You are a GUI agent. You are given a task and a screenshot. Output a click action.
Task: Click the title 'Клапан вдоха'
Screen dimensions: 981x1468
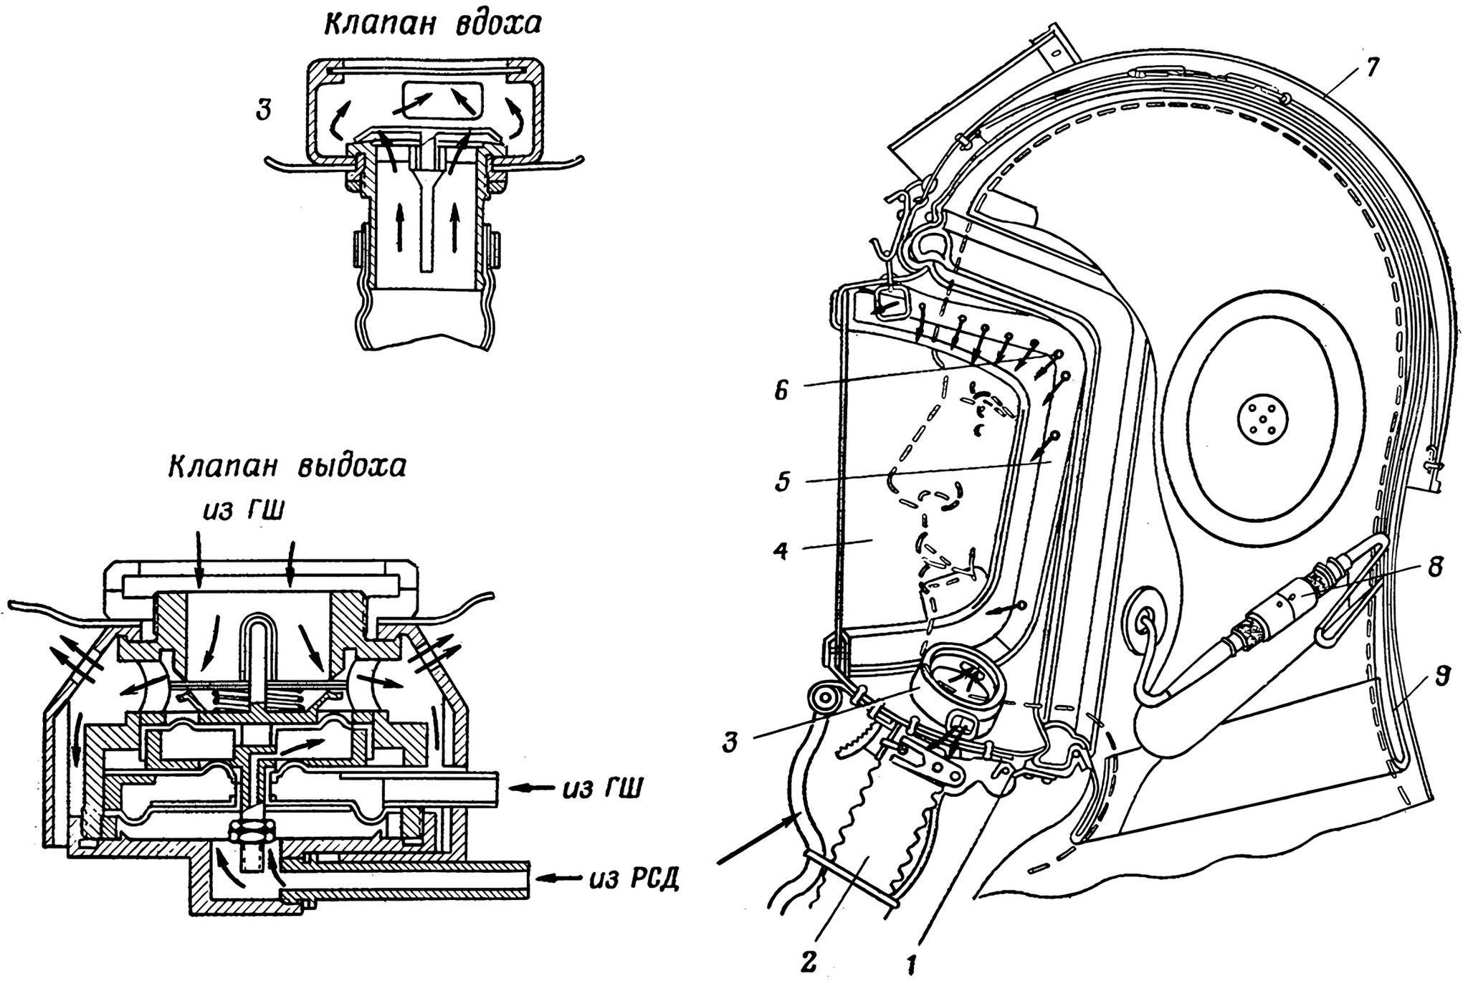tap(432, 24)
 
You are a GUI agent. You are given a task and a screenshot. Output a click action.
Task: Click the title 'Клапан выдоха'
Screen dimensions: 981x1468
tap(287, 466)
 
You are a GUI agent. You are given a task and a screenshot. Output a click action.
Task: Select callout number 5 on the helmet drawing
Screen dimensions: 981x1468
tap(782, 480)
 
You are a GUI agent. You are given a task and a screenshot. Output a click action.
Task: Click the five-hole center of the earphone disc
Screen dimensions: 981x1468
tap(1263, 416)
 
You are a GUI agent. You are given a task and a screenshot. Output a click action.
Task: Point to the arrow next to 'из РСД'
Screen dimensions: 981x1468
tap(558, 876)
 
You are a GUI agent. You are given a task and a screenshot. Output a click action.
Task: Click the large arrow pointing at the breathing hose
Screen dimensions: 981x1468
tap(753, 846)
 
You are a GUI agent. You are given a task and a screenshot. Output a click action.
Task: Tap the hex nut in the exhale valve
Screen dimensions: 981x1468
tap(246, 831)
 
